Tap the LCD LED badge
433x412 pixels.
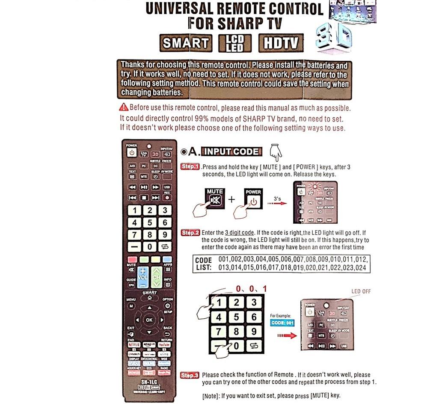234,43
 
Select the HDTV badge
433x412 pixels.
280,43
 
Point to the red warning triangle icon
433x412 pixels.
124,107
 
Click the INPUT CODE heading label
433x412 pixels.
231,151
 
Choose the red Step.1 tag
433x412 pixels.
190,166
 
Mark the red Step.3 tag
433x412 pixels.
190,375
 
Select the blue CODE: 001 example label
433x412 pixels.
282,323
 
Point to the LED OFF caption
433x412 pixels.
361,291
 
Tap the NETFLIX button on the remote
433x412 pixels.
134,344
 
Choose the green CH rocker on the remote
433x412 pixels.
157,276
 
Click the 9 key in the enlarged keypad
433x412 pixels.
254,331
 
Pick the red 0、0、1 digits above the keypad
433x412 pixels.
252,289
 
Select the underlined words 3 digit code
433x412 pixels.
239,233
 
